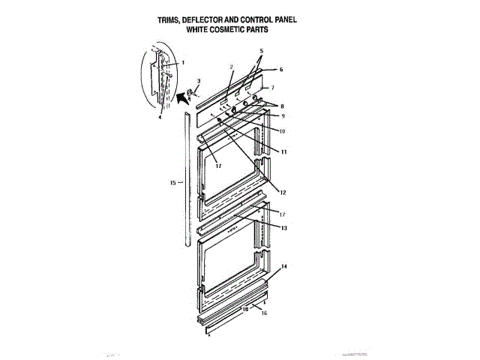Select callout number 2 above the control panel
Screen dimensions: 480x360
pos(232,67)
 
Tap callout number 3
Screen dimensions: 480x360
pos(199,80)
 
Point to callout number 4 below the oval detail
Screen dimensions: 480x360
pos(160,117)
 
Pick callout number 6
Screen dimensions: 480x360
pos(281,69)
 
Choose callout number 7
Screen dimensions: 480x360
pos(282,88)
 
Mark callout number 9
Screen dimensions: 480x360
pos(283,115)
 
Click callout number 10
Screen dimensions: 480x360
pos(283,130)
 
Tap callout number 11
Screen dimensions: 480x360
pos(285,151)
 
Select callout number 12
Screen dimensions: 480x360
pos(283,192)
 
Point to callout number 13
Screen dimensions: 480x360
pos(284,227)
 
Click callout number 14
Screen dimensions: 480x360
pos(284,267)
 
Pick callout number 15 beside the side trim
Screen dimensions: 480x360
pos(173,182)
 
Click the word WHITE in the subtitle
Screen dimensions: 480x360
pos(201,32)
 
